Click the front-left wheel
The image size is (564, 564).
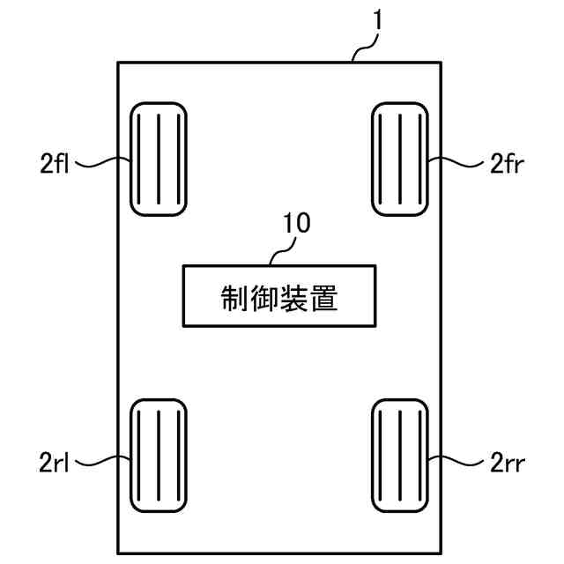click(x=159, y=159)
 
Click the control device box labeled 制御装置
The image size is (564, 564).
click(x=279, y=296)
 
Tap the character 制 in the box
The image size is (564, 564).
click(x=234, y=297)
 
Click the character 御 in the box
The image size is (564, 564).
click(x=264, y=297)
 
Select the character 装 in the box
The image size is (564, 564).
click(x=294, y=297)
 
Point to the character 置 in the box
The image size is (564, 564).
click(x=325, y=297)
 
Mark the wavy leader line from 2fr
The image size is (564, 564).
click(x=454, y=162)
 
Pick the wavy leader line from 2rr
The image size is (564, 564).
click(x=454, y=458)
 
